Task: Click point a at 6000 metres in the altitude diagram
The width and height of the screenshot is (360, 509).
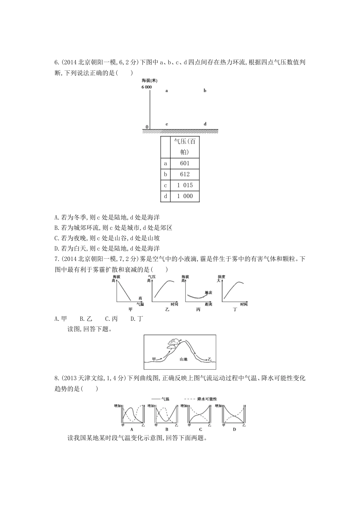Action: coord(167,91)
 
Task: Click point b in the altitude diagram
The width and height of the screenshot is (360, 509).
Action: coord(205,91)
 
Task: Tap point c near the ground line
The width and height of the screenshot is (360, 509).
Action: coord(167,124)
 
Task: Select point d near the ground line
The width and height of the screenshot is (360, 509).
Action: coord(205,124)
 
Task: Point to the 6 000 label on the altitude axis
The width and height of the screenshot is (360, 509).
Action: coord(147,87)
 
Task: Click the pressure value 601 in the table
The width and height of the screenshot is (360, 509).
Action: coord(185,164)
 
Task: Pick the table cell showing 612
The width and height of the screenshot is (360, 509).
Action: coord(185,175)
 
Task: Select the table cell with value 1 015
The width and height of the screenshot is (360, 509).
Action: coord(185,185)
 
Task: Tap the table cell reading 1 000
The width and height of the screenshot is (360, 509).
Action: coord(185,196)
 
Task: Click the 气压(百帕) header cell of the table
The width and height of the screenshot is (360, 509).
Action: coord(185,147)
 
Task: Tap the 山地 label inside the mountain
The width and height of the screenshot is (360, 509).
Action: coord(183,359)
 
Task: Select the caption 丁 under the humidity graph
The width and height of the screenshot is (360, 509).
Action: coord(235,310)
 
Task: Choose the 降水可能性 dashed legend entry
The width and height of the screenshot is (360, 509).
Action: coord(207,399)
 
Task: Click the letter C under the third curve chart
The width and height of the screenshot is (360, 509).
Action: coord(200,429)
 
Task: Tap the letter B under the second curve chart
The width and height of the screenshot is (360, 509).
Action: coord(167,429)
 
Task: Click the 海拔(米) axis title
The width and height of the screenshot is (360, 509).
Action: coord(149,81)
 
